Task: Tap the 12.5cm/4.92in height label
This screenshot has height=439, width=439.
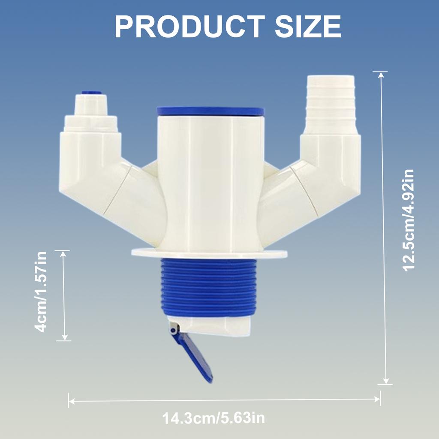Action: tap(408, 220)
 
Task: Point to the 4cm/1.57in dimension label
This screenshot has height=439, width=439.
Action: tap(41, 295)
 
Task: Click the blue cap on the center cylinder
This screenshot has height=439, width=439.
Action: tap(210, 111)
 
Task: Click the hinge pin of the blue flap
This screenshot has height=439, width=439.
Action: tap(173, 329)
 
